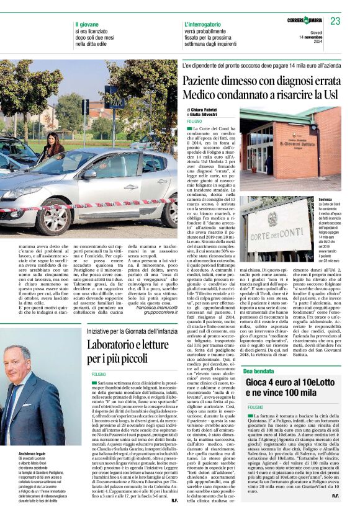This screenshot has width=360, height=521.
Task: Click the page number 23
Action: pos(335,22)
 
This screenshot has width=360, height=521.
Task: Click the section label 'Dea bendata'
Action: pos(261,370)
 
